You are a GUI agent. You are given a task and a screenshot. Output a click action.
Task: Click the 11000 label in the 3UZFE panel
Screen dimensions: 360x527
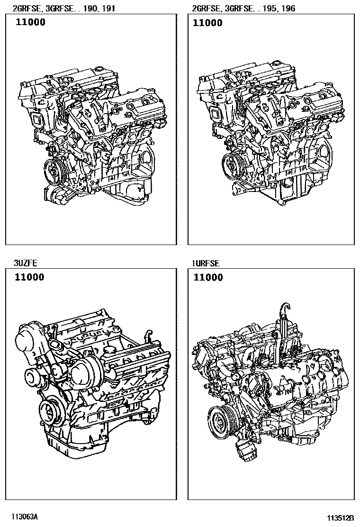pos(29,277)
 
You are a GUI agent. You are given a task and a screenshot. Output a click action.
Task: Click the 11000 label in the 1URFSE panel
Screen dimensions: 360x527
pos(208,277)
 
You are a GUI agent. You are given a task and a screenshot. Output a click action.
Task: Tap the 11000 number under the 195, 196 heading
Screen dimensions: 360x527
pos(207,23)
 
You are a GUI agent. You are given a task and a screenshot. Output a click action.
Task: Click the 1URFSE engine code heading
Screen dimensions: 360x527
pos(206,263)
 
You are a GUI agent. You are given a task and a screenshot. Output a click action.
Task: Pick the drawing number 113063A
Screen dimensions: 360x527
pos(24,517)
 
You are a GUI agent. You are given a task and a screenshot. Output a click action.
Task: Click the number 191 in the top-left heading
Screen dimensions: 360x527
pos(108,8)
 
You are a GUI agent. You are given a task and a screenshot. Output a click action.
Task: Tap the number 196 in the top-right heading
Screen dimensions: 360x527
pos(288,8)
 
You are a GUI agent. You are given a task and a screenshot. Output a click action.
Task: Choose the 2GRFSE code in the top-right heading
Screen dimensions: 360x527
pos(207,8)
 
